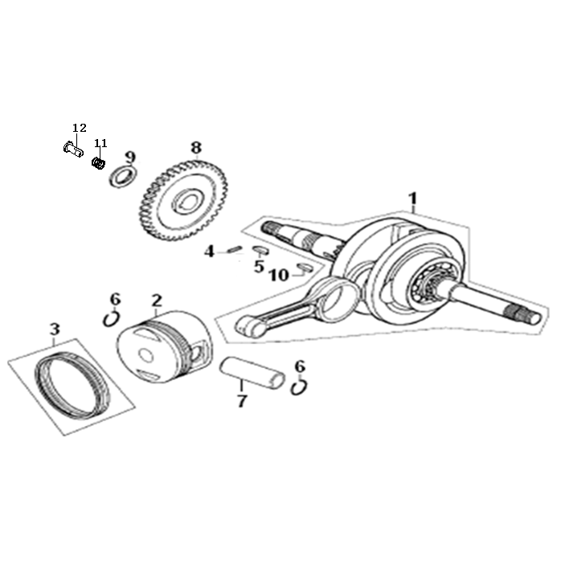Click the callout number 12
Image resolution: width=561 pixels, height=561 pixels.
(80, 128)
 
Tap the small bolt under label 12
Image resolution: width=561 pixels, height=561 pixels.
(73, 149)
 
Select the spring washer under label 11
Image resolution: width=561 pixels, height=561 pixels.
(98, 163)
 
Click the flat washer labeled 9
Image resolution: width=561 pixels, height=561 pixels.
(123, 176)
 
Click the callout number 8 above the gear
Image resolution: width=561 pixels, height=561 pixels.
(196, 147)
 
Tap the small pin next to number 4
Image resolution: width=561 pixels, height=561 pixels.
(235, 248)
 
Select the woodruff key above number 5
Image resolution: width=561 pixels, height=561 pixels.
(260, 250)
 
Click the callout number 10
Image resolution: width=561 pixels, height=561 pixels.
(279, 275)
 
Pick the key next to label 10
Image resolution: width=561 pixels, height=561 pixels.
(305, 268)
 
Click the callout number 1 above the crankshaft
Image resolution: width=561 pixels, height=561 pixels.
(413, 199)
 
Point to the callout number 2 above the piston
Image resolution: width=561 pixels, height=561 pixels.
(157, 301)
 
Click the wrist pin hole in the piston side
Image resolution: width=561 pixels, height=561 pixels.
(196, 354)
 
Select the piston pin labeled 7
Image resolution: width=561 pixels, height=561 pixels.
(252, 373)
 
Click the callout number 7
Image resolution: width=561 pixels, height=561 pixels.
(242, 401)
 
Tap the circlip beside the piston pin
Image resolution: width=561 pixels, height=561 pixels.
(299, 387)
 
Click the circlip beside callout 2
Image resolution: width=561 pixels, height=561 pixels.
(111, 318)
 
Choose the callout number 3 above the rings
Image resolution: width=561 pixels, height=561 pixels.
(55, 330)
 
